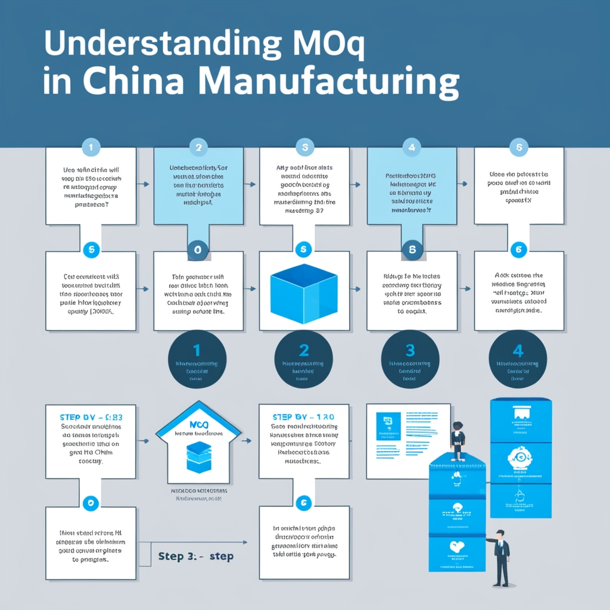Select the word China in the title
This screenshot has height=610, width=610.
click(x=130, y=83)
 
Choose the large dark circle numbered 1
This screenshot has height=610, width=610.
click(x=197, y=359)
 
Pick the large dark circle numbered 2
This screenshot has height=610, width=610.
click(x=304, y=359)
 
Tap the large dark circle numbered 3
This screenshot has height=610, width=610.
click(x=410, y=359)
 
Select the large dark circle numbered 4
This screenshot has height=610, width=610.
click(x=518, y=359)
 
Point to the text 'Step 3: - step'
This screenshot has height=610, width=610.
click(x=196, y=556)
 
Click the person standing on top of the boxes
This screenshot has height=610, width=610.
click(x=457, y=441)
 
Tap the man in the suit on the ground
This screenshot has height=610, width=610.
click(x=501, y=557)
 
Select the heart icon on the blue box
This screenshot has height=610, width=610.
click(x=457, y=545)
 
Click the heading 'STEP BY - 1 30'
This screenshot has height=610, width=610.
click(x=303, y=416)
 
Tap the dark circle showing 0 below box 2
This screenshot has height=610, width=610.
click(x=198, y=251)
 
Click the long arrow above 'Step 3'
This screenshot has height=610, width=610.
click(x=200, y=542)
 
